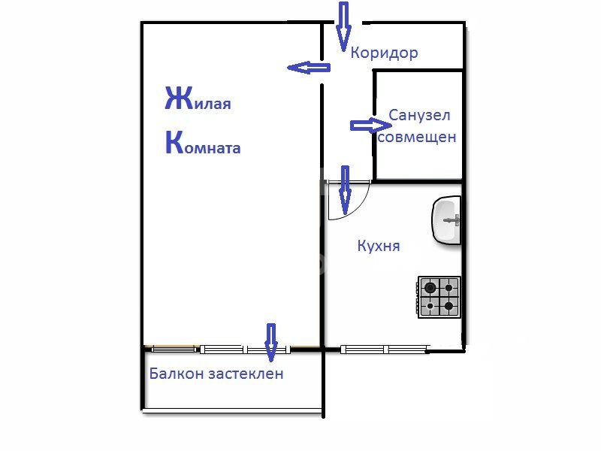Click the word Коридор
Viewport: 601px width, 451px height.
384,53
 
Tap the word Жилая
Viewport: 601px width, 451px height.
198,98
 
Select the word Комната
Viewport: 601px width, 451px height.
203,143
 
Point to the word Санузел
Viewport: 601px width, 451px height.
419,115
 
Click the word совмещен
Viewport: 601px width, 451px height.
417,137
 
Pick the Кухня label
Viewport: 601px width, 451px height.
379,246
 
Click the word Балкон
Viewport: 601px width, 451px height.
177,373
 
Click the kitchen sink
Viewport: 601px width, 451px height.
446,219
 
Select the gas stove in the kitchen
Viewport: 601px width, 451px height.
439,297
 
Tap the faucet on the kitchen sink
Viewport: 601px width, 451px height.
452,220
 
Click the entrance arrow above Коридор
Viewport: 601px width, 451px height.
343,27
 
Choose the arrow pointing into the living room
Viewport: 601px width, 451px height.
309,68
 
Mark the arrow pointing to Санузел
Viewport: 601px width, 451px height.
371,126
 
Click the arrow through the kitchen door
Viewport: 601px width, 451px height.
346,190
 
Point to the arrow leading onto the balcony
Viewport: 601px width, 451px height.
271,343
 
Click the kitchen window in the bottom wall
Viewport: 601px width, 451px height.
384,349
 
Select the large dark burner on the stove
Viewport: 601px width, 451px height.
430,287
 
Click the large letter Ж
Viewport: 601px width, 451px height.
179,98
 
